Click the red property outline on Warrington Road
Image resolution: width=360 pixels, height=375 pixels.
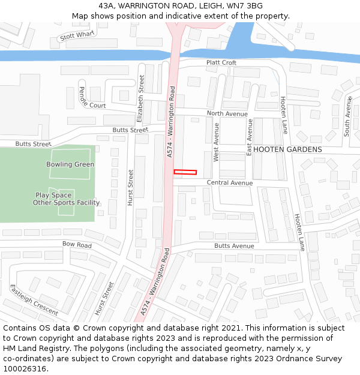point(185,172)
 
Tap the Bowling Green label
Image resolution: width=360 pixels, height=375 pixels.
point(70,164)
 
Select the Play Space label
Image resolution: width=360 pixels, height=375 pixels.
point(53,195)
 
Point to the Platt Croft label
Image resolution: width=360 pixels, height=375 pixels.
point(221,62)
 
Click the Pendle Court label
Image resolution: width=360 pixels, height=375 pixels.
point(92,98)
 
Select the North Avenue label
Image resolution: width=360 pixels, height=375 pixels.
point(227,113)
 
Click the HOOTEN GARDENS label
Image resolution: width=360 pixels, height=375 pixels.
point(287,149)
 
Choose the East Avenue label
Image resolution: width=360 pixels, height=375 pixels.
point(250,137)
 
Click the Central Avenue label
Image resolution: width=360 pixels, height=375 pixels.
point(230,182)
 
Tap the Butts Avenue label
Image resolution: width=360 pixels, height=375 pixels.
point(234,246)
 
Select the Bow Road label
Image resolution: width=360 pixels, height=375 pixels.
point(77,245)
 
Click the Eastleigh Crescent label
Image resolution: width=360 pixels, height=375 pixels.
point(34,300)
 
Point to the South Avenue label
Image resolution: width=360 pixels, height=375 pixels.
point(347,115)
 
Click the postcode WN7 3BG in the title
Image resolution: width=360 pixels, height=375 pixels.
point(242,5)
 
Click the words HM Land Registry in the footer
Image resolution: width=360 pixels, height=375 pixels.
point(35,349)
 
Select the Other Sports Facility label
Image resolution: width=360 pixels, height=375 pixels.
point(66,203)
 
